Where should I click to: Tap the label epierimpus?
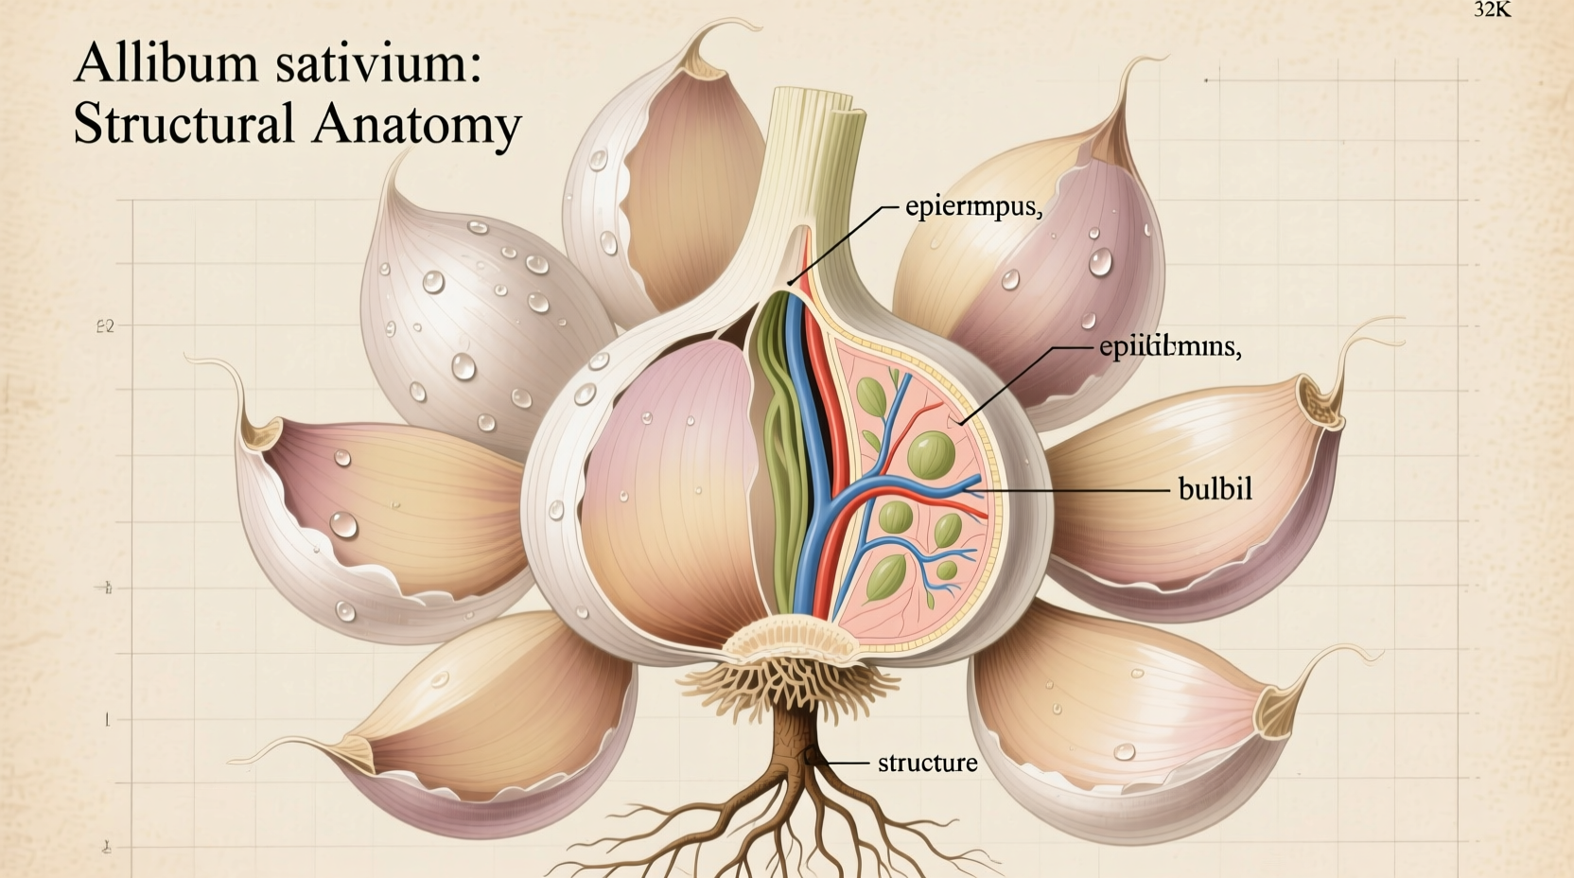(972, 207)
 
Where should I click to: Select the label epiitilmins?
(1169, 347)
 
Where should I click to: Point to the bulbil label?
(1215, 489)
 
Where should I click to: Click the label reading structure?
(927, 763)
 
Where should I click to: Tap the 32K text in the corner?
(1492, 9)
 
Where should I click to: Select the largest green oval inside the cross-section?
(930, 454)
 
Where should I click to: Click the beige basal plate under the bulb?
(793, 640)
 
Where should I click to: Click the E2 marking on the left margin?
(105, 327)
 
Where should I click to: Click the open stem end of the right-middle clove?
(1320, 401)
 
